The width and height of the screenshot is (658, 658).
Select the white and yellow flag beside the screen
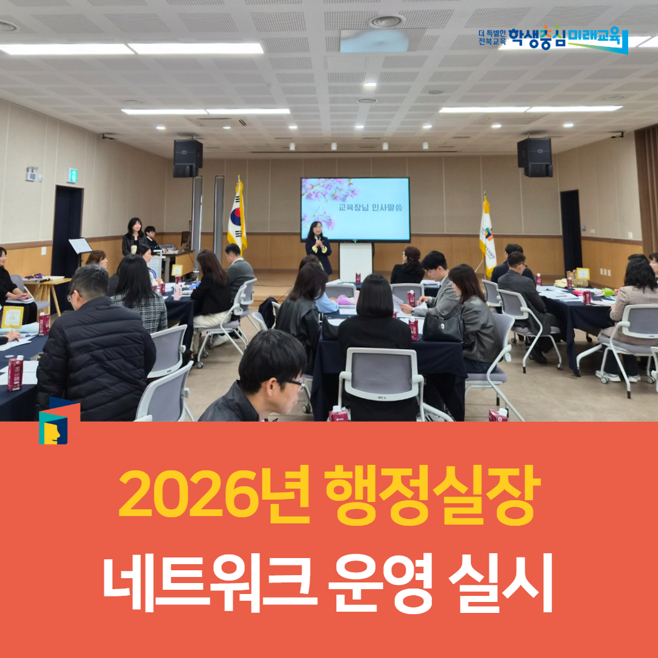[x=487, y=232]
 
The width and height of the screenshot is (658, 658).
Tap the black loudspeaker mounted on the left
[x=188, y=158]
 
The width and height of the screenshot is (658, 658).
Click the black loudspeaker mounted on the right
[x=534, y=157]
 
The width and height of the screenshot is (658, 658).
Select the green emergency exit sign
[x=73, y=175]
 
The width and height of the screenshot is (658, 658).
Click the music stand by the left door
[x=80, y=246]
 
